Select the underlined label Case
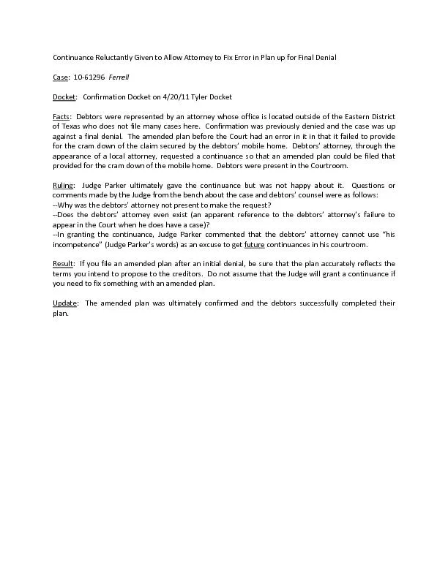pyautogui.click(x=61, y=77)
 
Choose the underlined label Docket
pyautogui.click(x=65, y=96)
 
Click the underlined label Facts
pyautogui.click(x=61, y=116)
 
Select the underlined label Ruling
pyautogui.click(x=63, y=185)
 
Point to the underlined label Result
pyautogui.click(x=63, y=263)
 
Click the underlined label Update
pyautogui.click(x=64, y=303)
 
